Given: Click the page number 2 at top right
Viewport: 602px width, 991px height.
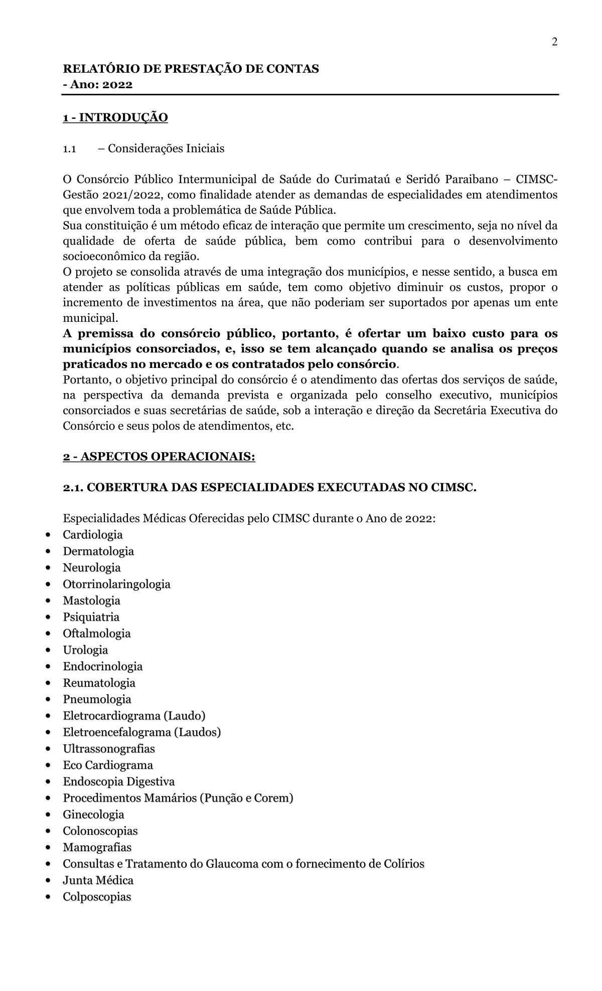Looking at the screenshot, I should [554, 42].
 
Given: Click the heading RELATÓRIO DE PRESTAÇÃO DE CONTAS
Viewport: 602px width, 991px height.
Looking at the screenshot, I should [191, 69].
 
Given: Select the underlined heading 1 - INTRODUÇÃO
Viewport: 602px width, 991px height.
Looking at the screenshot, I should [115, 118].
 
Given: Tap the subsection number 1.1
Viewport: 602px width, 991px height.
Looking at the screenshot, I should [69, 149].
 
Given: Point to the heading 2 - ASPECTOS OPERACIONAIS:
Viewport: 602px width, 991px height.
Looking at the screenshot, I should [159, 457].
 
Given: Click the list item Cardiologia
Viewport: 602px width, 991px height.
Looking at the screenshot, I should [93, 535].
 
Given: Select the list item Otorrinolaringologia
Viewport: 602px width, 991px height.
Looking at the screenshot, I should [116, 584].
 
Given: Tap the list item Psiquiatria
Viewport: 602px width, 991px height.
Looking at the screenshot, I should [91, 617].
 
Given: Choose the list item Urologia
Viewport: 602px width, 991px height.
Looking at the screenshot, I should [85, 650].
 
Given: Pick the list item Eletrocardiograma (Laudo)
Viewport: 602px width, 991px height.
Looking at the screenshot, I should [134, 716].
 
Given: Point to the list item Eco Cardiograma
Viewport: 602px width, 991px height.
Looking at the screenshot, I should [108, 765].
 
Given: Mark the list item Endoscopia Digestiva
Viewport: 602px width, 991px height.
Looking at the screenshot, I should [118, 781].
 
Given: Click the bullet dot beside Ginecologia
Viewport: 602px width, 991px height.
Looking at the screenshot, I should [48, 815].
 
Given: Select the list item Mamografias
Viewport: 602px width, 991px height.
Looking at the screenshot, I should [97, 848].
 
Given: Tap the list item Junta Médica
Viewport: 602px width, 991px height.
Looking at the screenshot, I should [98, 880].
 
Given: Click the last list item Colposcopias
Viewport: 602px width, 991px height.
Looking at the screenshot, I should [97, 897].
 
